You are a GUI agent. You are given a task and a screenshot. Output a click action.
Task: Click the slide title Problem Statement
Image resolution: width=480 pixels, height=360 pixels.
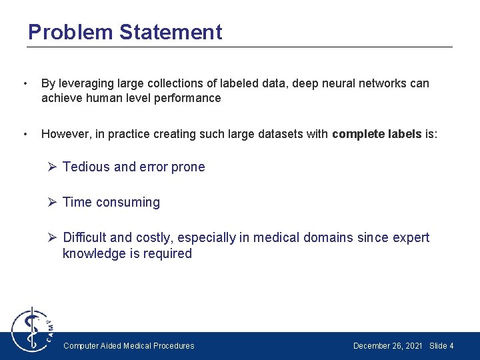point(125,32)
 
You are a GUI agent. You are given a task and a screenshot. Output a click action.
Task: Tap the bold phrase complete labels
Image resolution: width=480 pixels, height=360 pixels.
point(377,134)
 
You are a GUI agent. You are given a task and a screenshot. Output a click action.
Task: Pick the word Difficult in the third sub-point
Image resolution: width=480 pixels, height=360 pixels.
point(85,237)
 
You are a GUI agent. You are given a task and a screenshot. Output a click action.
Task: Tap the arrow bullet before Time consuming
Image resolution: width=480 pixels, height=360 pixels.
point(53,202)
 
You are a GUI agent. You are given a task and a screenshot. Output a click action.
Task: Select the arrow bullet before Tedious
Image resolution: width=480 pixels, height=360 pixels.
point(53,167)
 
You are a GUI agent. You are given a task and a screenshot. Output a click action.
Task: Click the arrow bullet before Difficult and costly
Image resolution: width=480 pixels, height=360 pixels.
point(53,237)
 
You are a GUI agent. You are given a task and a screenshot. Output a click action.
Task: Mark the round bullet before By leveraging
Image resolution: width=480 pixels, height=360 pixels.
point(25,84)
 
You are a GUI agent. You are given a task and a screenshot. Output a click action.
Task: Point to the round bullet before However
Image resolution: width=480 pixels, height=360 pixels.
point(25,134)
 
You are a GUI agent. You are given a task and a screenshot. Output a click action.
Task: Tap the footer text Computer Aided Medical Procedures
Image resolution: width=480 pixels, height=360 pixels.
point(129,346)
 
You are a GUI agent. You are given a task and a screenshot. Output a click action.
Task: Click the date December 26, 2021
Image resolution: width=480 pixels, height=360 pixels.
point(387,346)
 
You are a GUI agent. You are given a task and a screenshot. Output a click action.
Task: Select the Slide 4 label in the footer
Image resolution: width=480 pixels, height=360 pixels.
point(441,346)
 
